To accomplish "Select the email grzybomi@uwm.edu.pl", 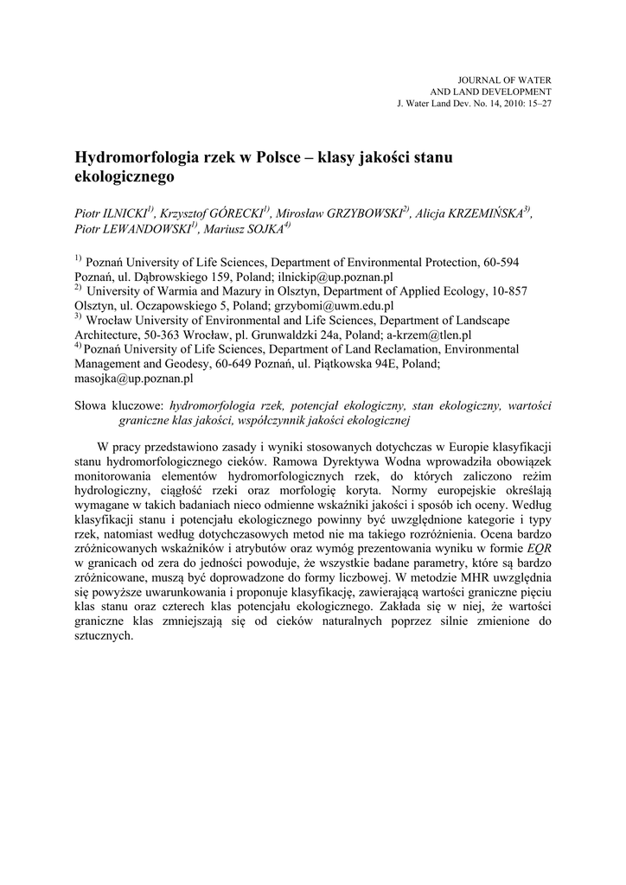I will click(337, 305).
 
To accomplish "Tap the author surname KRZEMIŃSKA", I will click(486, 213).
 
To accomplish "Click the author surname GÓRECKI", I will click(232, 213).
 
